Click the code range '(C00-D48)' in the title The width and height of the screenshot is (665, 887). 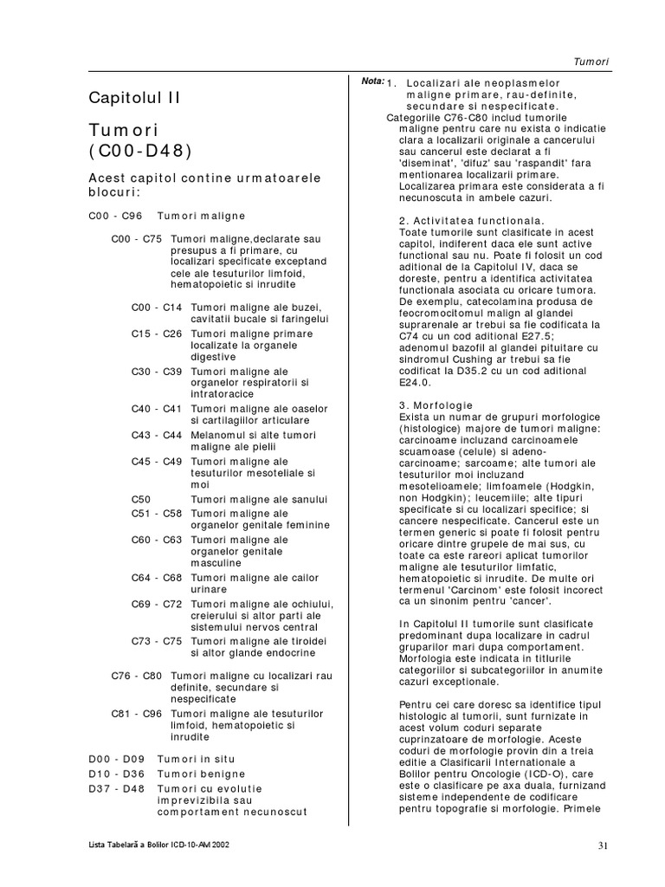[x=140, y=151]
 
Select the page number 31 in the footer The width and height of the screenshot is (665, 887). [x=604, y=845]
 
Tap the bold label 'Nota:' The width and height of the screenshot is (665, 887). [x=372, y=81]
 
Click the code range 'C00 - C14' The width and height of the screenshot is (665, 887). [x=157, y=307]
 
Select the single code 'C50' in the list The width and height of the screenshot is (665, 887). [x=141, y=499]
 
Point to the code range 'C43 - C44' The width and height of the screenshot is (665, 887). [x=157, y=435]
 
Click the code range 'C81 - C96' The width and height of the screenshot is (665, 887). [x=137, y=713]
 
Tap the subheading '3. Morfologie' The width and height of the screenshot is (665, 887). [x=436, y=405]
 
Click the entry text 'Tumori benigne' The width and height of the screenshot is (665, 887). [x=201, y=774]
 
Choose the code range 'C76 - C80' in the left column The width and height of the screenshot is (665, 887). [x=137, y=675]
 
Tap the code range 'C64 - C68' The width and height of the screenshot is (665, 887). [x=157, y=577]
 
